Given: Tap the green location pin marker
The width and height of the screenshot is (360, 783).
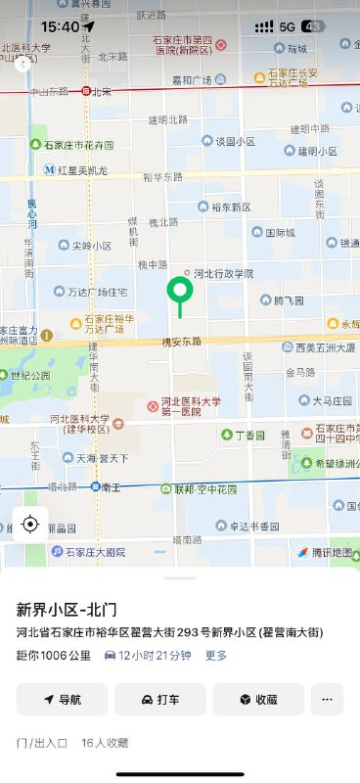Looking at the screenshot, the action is tap(179, 291).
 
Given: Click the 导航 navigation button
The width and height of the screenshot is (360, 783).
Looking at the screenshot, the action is tap(62, 700).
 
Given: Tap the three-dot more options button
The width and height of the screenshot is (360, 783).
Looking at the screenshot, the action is tap(327, 700).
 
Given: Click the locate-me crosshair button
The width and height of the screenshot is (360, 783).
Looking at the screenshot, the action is tap(30, 525).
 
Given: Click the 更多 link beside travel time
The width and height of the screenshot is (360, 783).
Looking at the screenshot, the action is tap(216, 655).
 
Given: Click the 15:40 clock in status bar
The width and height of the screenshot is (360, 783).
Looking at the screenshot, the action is tap(60, 26).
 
